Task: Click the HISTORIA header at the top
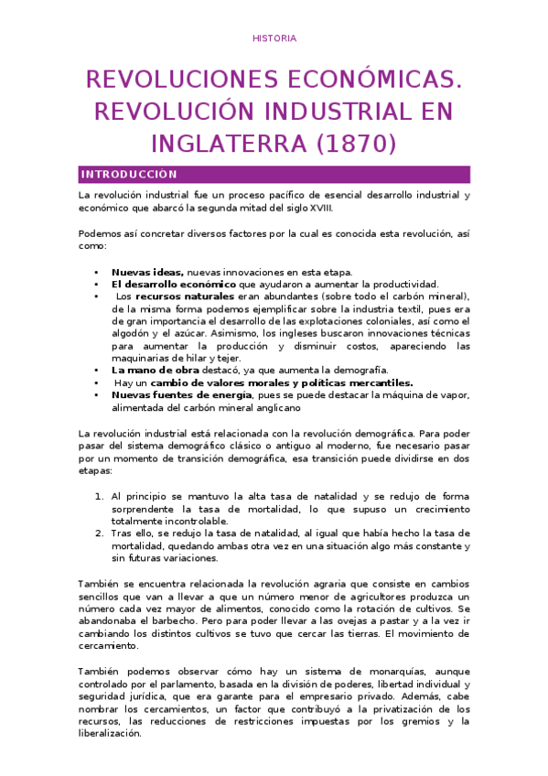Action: click(x=274, y=38)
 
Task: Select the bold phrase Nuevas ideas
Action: click(x=147, y=272)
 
